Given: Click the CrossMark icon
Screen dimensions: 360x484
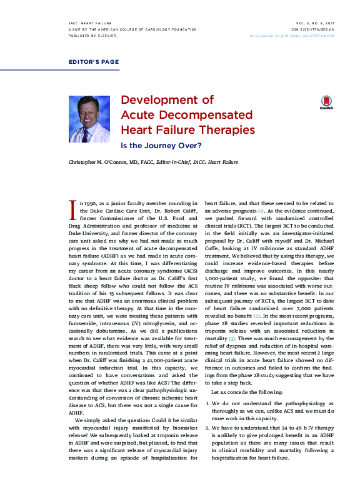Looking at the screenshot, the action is point(326,103).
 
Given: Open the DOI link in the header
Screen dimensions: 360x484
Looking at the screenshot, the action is point(300,36).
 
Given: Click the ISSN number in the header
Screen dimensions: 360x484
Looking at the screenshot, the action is point(313,29).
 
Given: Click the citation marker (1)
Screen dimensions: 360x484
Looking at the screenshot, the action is point(261,211).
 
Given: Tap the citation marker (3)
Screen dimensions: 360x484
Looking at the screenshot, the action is point(231,338).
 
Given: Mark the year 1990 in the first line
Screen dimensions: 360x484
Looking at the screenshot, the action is point(93,203).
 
